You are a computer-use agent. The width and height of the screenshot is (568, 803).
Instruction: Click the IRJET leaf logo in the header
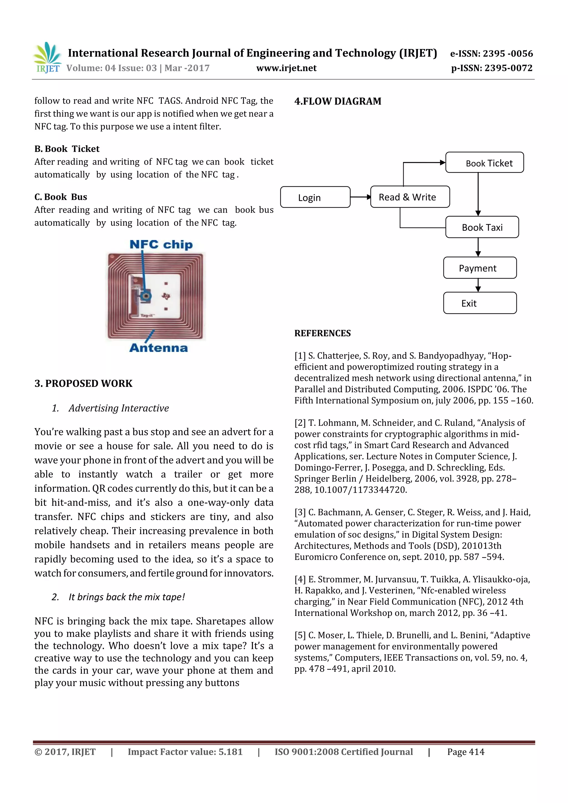pos(47,57)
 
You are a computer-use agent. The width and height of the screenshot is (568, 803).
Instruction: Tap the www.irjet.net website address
pos(286,68)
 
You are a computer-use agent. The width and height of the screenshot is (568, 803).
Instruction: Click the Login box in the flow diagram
pos(315,197)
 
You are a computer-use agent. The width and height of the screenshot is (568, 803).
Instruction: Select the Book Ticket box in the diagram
pos(484,163)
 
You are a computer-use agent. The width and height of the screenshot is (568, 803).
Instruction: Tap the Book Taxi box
pos(482,227)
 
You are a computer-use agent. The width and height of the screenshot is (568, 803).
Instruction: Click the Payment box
pos(480,268)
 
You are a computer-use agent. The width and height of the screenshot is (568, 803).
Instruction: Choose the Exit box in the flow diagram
pos(480,303)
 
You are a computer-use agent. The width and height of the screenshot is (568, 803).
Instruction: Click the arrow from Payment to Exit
pos(478,285)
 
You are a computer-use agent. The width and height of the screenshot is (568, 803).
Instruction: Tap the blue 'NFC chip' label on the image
pos(161,244)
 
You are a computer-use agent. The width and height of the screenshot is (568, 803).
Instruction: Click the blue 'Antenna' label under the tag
pos(159,348)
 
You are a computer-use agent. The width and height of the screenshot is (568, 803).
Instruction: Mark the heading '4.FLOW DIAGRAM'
pos(338,101)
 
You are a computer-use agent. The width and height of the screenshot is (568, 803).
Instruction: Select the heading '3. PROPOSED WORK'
pos(83,383)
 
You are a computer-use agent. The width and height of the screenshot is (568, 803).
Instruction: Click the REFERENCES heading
pos(322,333)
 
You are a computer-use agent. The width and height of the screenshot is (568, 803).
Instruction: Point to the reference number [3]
pos(300,512)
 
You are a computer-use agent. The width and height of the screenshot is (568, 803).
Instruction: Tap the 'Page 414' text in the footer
pos(465,752)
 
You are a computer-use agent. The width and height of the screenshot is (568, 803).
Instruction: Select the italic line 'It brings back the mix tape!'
pos(126,597)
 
